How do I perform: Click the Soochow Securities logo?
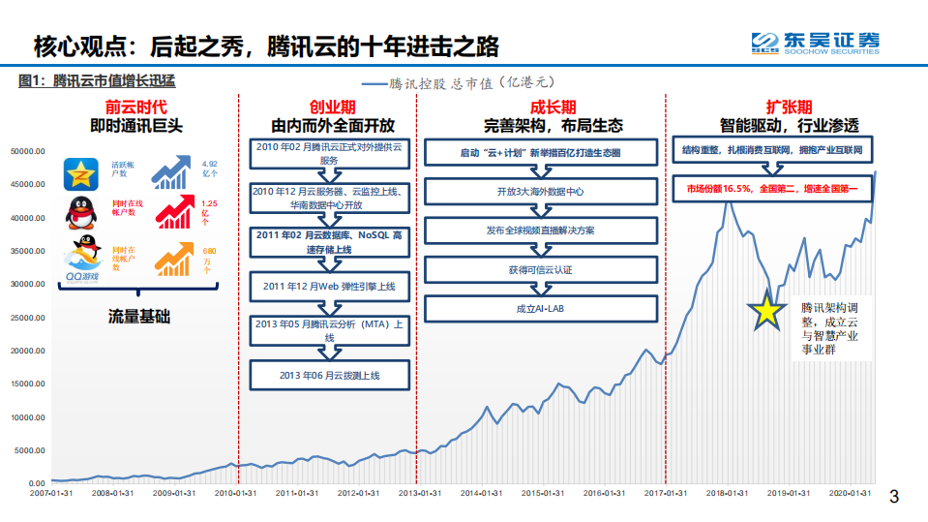(x=816, y=44)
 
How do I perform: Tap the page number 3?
(x=894, y=498)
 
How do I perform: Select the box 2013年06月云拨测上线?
(x=329, y=375)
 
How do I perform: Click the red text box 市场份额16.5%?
(x=773, y=186)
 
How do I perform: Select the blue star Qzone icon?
(x=82, y=174)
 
